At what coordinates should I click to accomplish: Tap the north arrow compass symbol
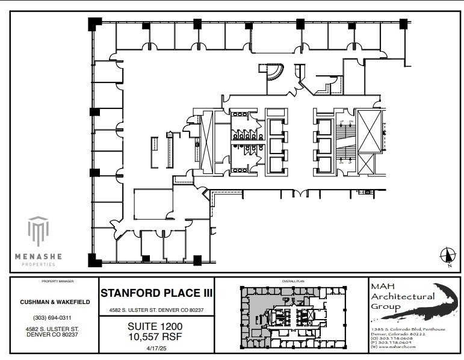[447, 256]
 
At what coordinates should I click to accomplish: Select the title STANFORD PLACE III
[155, 294]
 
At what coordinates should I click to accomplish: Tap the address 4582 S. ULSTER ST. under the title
[155, 310]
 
